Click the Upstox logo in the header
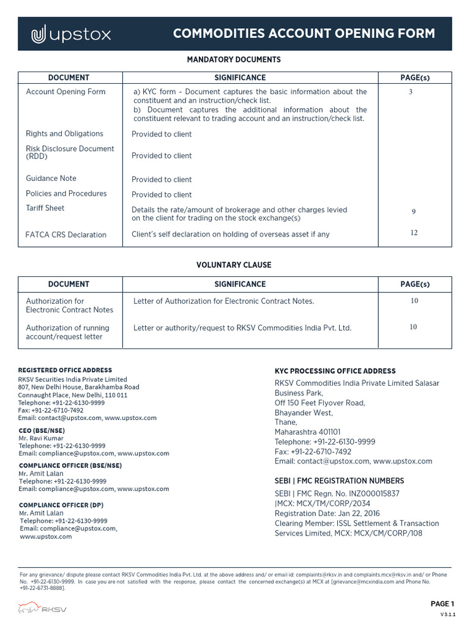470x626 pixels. point(71,35)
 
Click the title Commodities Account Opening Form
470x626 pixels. point(304,34)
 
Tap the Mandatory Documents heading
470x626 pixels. point(233,60)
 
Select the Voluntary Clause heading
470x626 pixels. point(233,265)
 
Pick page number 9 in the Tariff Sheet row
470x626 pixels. point(414,212)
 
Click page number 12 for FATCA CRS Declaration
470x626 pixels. point(414,232)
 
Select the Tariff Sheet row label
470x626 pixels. point(45,208)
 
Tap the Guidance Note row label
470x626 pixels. point(51,179)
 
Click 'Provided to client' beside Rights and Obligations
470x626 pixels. point(162,134)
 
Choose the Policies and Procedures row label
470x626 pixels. point(66,194)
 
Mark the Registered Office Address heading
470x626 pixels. point(65,370)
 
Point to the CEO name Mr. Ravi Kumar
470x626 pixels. point(41,439)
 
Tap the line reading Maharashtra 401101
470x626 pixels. point(307,432)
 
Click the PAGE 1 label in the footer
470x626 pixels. point(442,604)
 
